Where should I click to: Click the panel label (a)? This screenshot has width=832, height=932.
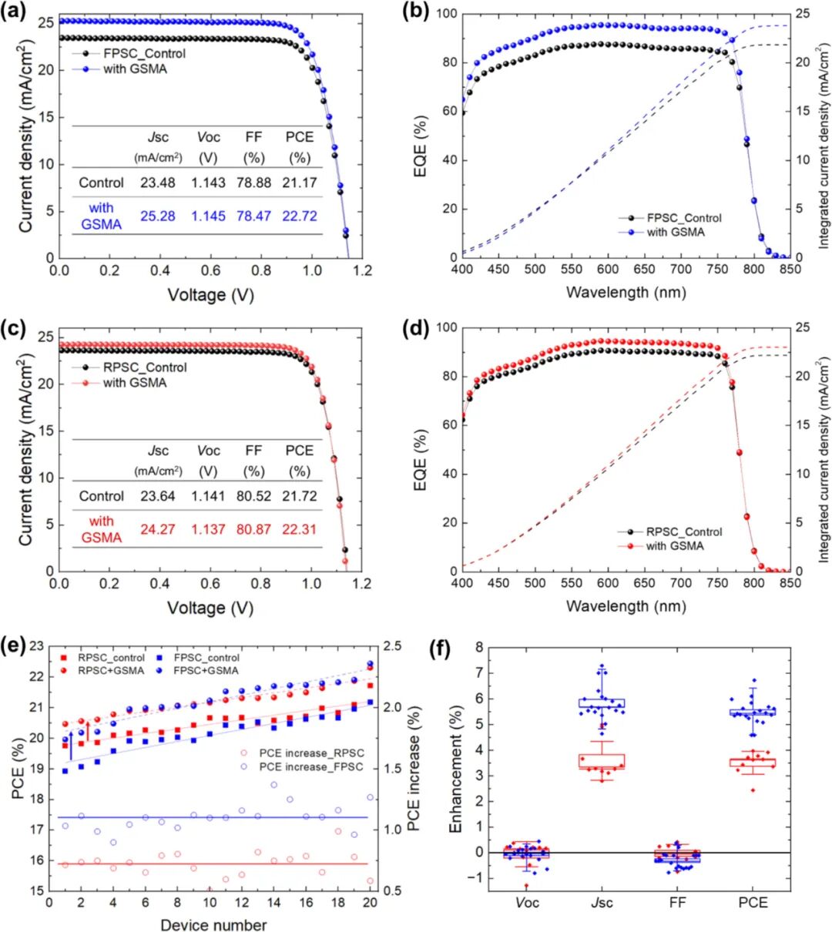coord(13,13)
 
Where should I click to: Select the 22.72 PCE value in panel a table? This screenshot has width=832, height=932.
coord(299,216)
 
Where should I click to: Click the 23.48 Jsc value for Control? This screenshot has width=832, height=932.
coord(157,183)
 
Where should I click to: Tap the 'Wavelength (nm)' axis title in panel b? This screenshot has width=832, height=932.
coord(626,293)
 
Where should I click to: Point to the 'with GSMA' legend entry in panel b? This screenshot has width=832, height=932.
coord(675,232)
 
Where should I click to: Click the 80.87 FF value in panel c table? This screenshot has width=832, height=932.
coord(253,530)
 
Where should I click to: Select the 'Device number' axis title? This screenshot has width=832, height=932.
coord(213,924)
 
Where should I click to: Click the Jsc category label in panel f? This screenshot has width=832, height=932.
coord(601,902)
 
